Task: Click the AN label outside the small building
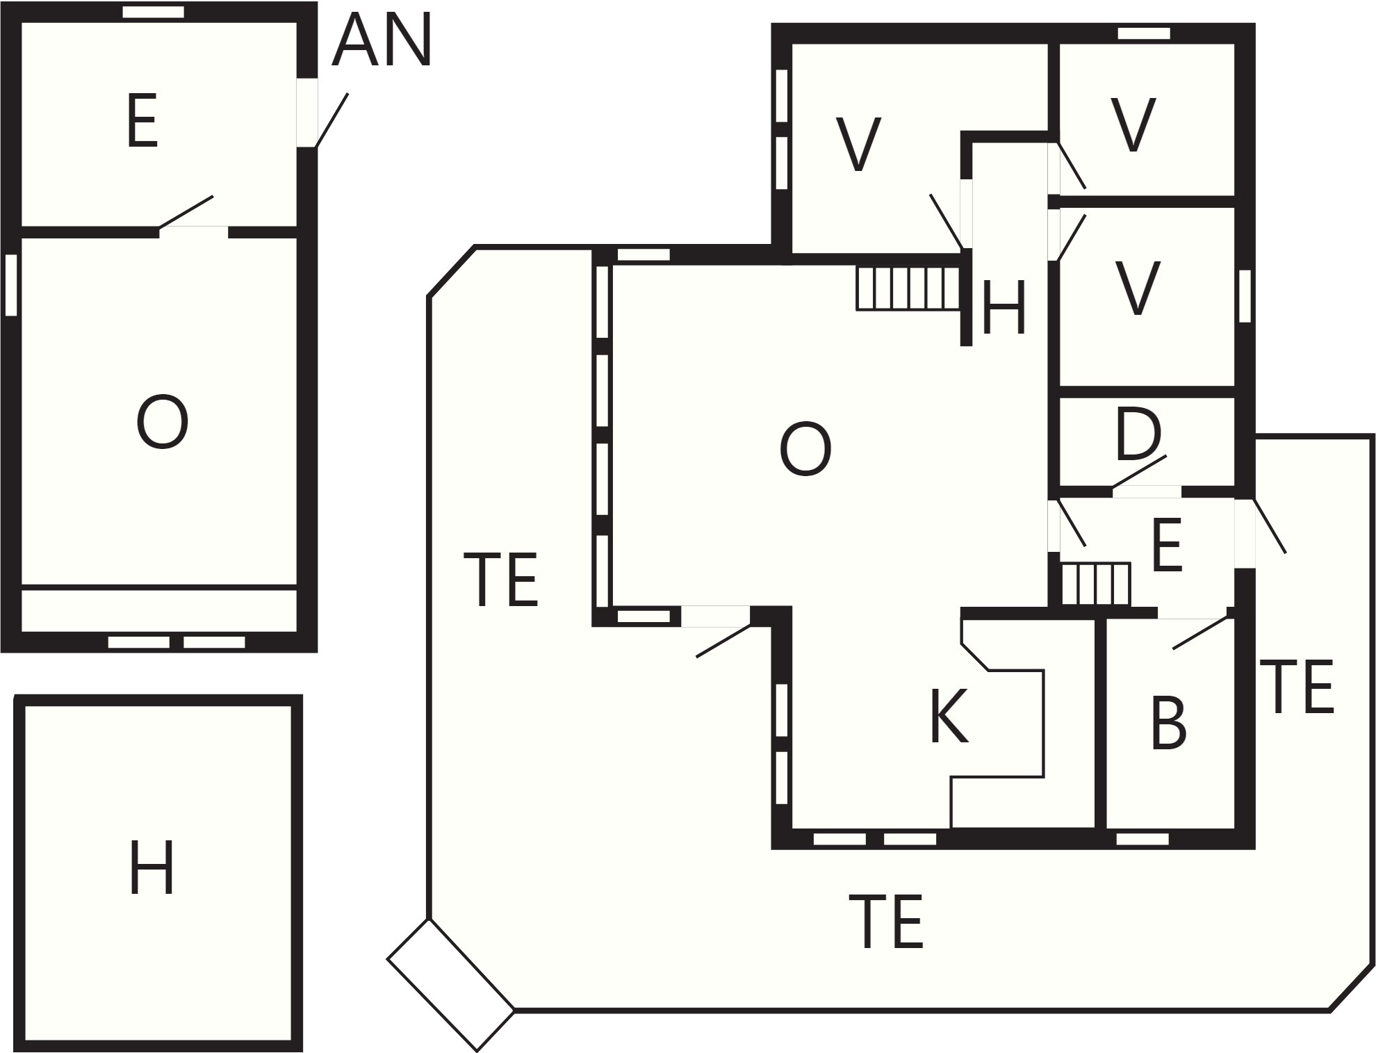click(382, 40)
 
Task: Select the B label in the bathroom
click(1168, 724)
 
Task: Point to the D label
click(1138, 435)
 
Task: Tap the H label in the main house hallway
click(1004, 307)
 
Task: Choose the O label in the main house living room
click(805, 450)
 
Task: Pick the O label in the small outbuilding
click(162, 423)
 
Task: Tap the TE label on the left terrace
click(500, 580)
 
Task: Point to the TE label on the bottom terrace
click(886, 922)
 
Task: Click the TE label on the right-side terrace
click(1297, 687)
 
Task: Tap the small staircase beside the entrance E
click(1096, 584)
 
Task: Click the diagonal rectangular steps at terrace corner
click(450, 984)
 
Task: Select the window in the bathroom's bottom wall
click(1142, 839)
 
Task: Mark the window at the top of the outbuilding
click(154, 12)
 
